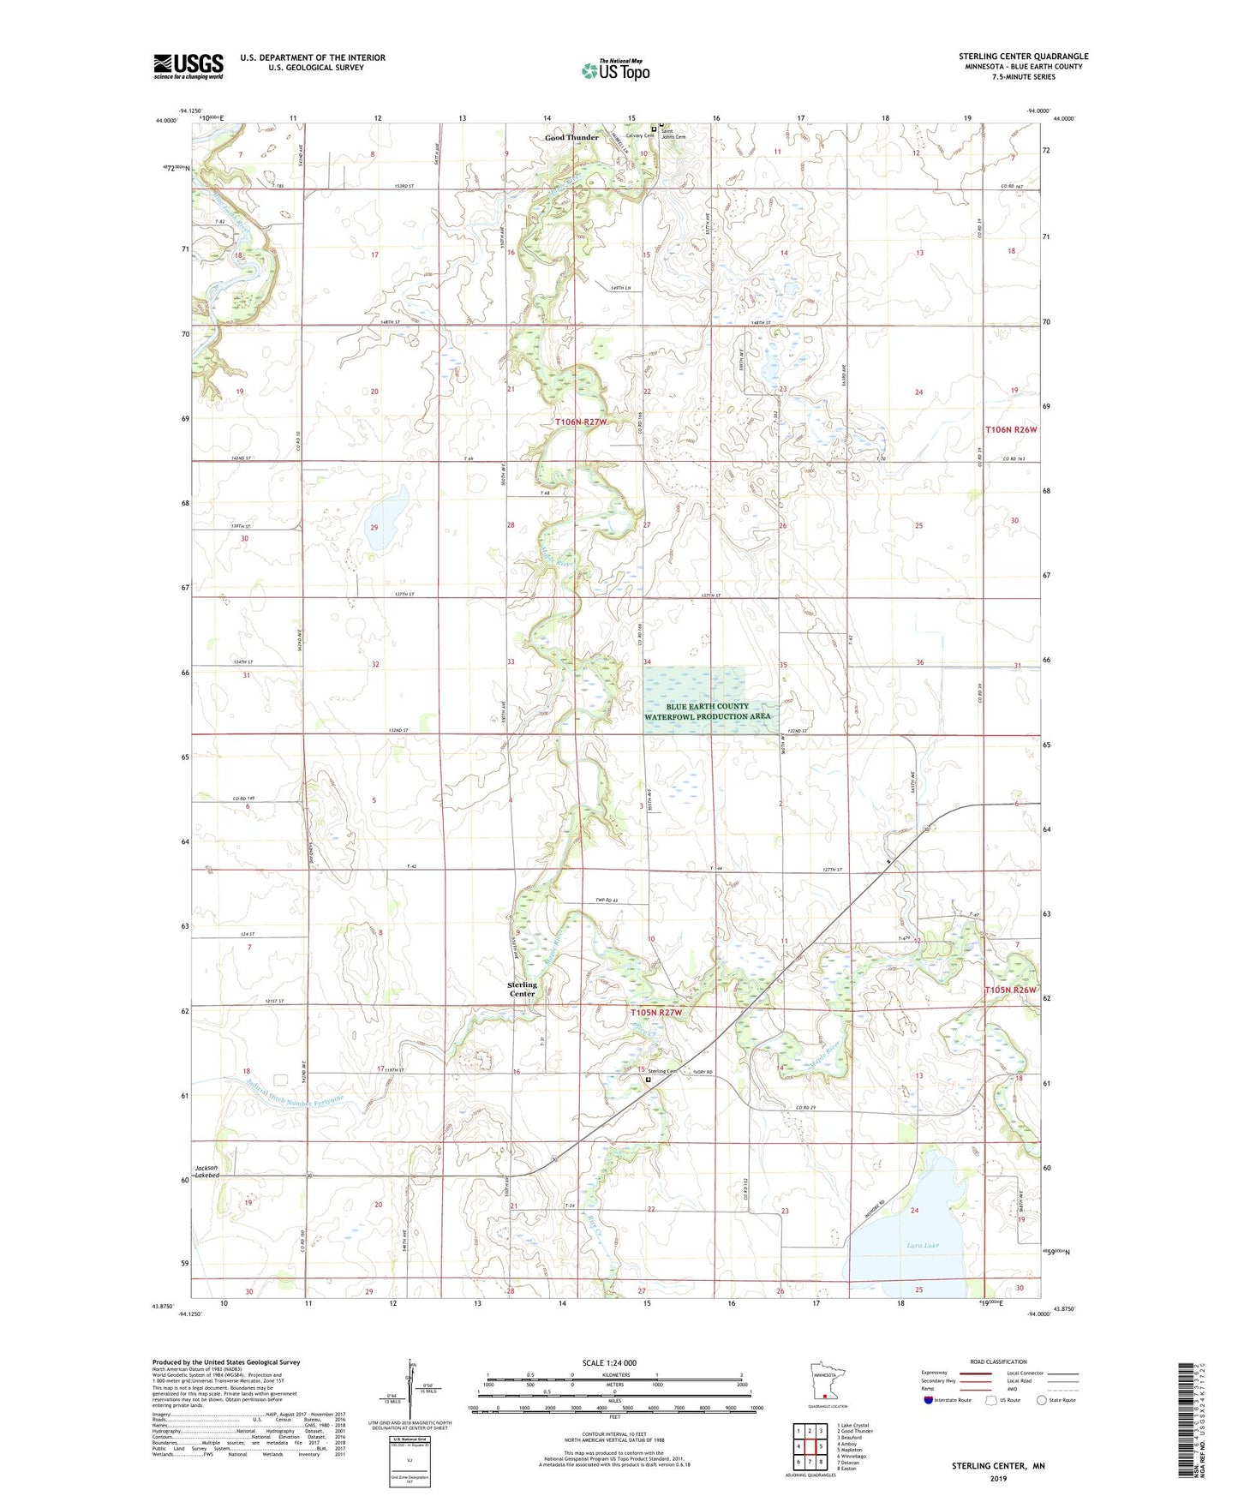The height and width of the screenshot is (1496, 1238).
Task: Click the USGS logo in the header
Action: coord(188,66)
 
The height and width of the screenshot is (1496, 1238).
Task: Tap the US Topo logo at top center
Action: coord(615,69)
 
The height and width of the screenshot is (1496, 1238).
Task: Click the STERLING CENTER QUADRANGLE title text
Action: coord(1023,57)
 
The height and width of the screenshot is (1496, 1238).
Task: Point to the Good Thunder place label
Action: coord(571,137)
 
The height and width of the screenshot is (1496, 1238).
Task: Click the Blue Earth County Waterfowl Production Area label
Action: coord(707,711)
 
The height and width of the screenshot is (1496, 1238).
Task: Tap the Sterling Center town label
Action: coord(522,989)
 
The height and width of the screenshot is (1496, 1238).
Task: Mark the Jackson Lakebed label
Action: coord(206,1171)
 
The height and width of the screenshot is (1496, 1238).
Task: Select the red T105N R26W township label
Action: coord(1010,990)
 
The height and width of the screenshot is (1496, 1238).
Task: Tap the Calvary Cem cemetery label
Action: coord(640,135)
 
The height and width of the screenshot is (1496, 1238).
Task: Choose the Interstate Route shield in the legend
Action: coord(929,1400)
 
